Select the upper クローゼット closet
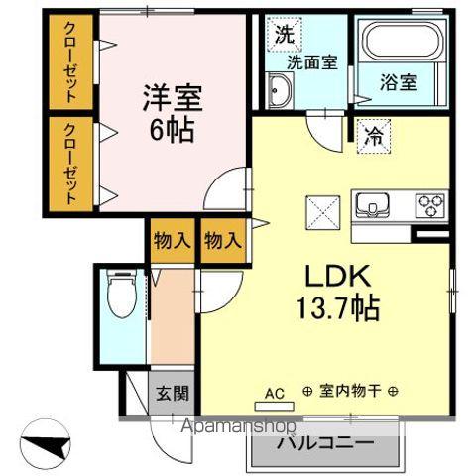coord(71,64)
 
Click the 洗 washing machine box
coord(284,33)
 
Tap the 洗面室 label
coord(312,61)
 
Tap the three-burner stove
coord(432,205)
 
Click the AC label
coord(275,393)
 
